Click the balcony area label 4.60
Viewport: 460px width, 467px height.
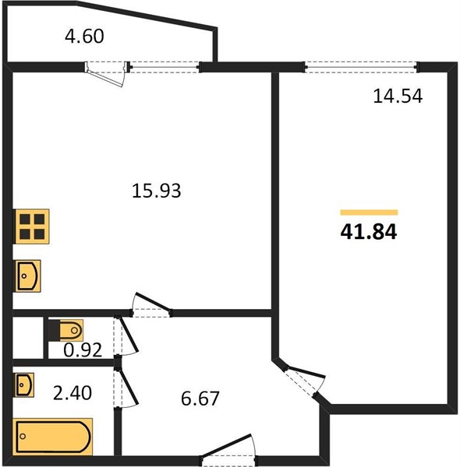click(84, 37)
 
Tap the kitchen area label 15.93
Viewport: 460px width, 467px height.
click(156, 191)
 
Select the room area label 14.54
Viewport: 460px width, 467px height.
click(398, 97)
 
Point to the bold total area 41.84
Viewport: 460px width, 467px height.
click(369, 232)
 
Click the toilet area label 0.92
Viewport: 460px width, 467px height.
click(83, 350)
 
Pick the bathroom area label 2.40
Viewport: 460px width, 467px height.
click(73, 393)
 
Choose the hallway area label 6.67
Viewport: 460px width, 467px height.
click(200, 399)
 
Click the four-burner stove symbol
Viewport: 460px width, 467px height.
click(32, 226)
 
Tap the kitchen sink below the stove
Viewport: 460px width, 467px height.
click(28, 276)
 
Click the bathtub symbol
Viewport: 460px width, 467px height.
click(53, 437)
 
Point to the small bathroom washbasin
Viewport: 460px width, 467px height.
click(24, 384)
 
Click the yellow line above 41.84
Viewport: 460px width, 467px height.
click(369, 212)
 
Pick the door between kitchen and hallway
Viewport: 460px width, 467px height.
click(152, 302)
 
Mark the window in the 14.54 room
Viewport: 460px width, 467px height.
click(361, 67)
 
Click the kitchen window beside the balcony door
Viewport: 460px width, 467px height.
click(165, 67)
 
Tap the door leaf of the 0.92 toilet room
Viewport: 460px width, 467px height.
click(129, 334)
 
